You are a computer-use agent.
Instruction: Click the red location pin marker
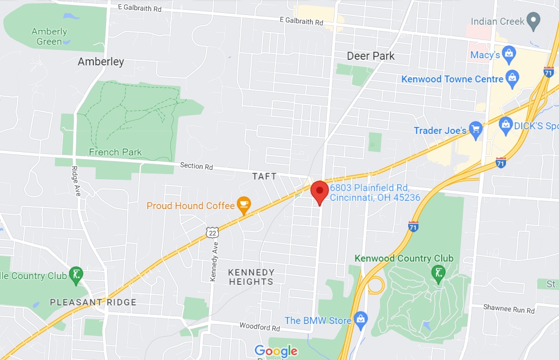(x=320, y=192)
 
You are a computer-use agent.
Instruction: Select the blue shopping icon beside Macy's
(x=509, y=54)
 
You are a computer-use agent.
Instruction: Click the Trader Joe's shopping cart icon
(x=476, y=130)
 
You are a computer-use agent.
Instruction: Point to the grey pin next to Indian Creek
(x=534, y=21)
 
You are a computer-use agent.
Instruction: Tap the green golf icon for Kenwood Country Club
(x=438, y=273)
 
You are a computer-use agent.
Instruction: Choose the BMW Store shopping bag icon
(x=361, y=320)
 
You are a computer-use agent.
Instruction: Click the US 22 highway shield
(x=213, y=232)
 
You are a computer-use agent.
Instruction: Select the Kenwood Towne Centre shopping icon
(x=512, y=79)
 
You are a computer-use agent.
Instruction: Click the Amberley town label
(x=101, y=62)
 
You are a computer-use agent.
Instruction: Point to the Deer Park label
(x=371, y=56)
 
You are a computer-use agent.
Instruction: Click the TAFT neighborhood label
(x=264, y=176)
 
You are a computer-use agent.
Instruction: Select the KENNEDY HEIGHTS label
(x=251, y=277)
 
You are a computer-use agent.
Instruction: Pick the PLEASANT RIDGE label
(x=93, y=302)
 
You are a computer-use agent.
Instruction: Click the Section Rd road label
(x=196, y=166)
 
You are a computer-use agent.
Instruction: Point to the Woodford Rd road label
(x=259, y=327)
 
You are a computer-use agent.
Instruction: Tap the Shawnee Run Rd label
(x=509, y=309)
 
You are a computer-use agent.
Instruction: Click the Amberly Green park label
(x=49, y=37)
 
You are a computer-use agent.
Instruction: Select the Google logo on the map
(x=276, y=351)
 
